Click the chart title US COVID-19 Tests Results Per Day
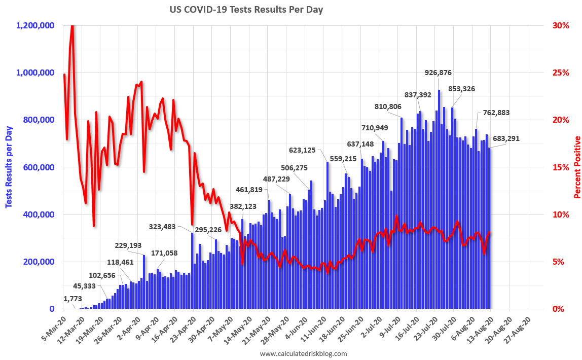click(x=246, y=10)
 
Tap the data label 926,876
click(x=438, y=73)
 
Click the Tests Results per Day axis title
click(x=9, y=167)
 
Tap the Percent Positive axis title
click(x=577, y=167)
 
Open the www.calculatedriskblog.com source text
click(x=303, y=353)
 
